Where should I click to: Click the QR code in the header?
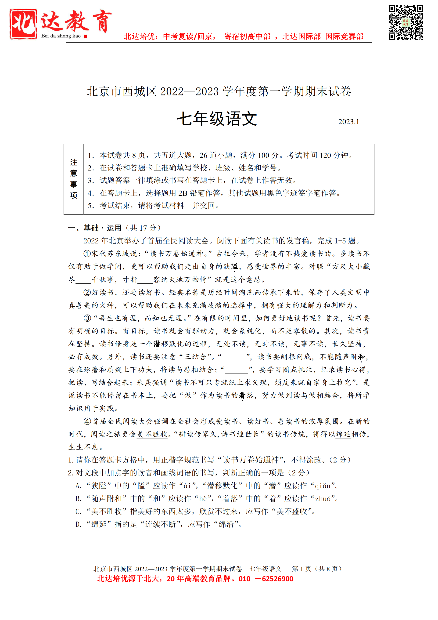point(406,23)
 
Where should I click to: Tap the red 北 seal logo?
point(23,24)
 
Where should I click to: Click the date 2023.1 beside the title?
point(349,122)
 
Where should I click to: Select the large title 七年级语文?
point(217,119)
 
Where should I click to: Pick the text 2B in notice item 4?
point(183,193)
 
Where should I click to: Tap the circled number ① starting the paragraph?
point(87,254)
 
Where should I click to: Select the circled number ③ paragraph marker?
point(87,318)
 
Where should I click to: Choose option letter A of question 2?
point(78,486)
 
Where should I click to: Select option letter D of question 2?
point(78,524)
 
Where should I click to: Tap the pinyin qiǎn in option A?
point(323,486)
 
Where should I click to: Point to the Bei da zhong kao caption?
point(61,36)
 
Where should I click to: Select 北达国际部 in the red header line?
point(302,36)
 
